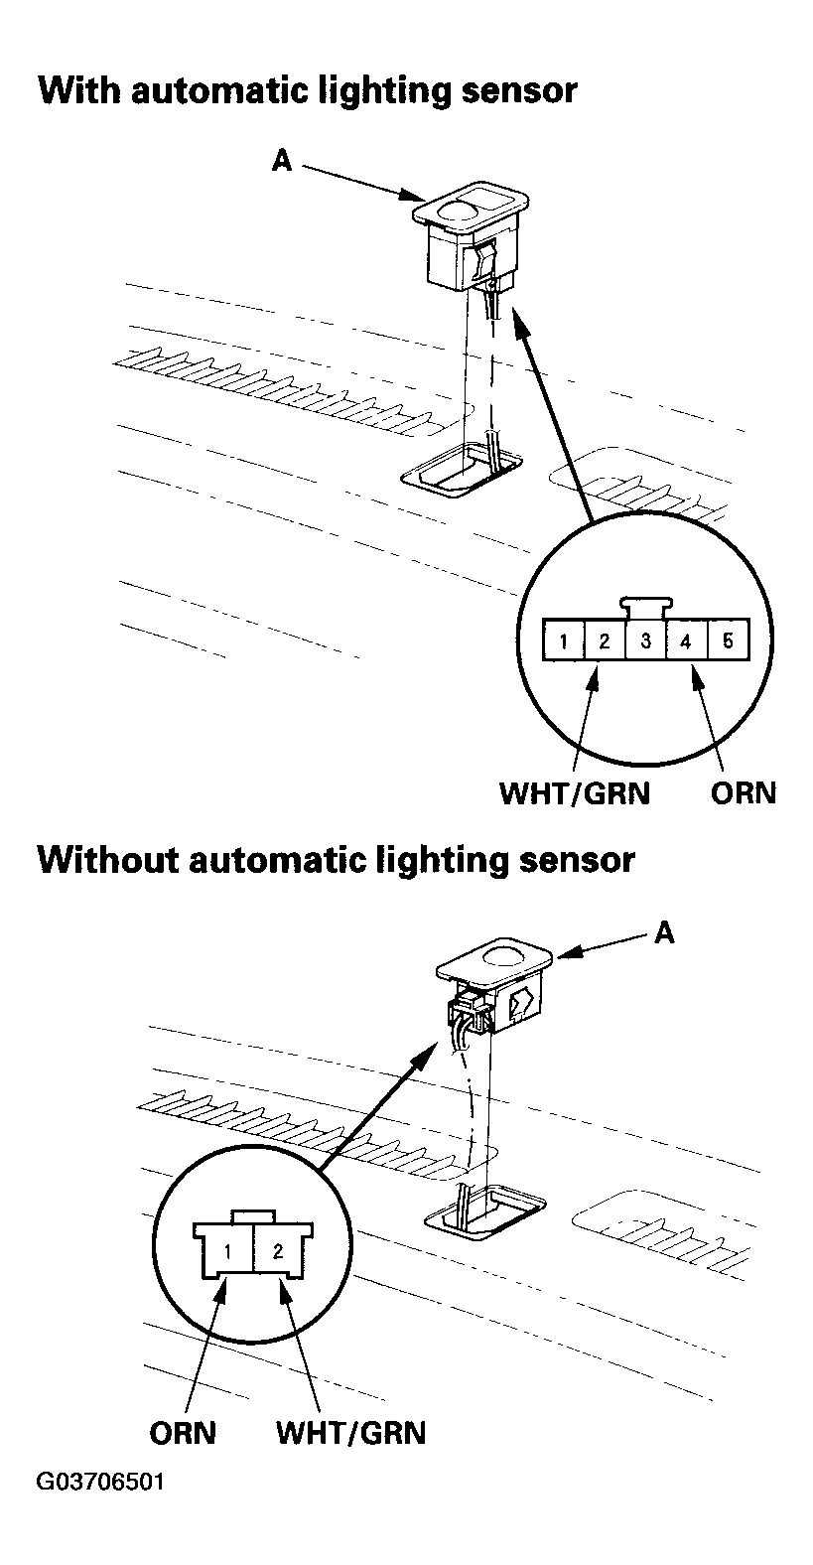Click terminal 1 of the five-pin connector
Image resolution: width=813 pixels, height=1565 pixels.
tap(563, 640)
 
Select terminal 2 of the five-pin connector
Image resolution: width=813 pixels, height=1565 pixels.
tap(605, 640)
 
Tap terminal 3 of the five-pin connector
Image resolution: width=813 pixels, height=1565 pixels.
tap(645, 640)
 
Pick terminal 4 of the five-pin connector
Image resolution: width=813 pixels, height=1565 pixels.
tap(686, 640)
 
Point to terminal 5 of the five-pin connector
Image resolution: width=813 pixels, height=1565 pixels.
tap(728, 640)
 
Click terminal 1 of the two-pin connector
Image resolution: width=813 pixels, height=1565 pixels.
tap(228, 1251)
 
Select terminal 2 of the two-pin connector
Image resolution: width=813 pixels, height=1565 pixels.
tap(278, 1251)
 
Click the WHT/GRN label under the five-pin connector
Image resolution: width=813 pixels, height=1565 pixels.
tap(575, 793)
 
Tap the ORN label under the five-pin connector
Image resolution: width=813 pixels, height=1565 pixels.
tap(744, 793)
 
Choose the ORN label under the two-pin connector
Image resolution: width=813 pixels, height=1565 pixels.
tap(183, 1434)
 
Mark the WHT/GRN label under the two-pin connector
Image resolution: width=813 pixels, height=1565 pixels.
tap(350, 1434)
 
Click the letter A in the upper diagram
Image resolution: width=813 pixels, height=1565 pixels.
tap(282, 160)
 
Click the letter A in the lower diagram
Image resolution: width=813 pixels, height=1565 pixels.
tap(664, 933)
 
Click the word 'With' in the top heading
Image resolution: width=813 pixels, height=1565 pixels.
tap(77, 91)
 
